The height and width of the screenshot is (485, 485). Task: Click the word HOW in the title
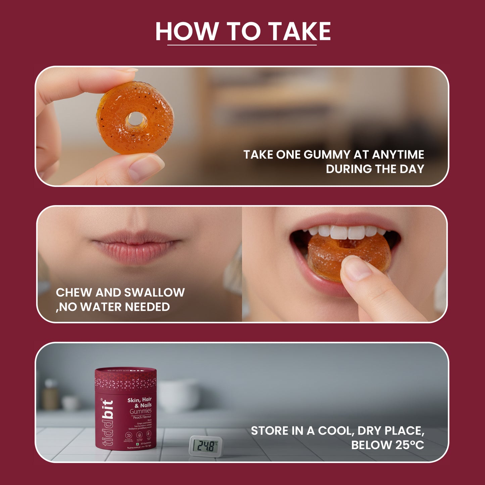click(187, 32)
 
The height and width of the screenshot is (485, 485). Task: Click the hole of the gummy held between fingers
click(136, 119)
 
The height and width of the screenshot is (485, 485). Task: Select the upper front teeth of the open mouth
click(346, 232)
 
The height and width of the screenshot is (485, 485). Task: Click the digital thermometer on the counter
click(206, 446)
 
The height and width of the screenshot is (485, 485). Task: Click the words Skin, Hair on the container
click(139, 400)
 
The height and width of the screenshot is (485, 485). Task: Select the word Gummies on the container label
click(141, 411)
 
